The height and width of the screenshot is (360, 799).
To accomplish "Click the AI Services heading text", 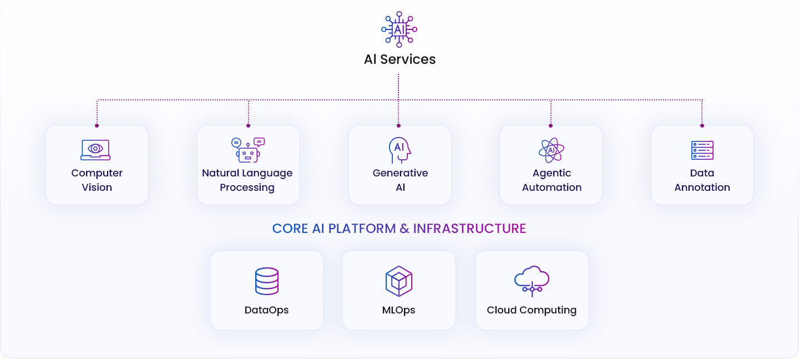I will (399, 59).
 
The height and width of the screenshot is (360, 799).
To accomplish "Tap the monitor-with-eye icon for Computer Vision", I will (95, 150).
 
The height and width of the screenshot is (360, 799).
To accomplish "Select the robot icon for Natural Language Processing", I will (248, 150).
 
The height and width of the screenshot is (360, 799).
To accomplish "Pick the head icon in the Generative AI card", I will (399, 150).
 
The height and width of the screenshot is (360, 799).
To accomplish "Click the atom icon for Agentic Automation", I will (552, 150).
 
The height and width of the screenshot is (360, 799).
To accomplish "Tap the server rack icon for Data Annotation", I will (702, 150).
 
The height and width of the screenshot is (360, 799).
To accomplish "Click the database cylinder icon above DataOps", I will (267, 281).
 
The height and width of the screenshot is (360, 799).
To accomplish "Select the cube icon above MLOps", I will (399, 281).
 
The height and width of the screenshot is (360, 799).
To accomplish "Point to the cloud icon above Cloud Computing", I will (532, 281).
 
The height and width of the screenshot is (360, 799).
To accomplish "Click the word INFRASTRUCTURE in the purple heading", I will (469, 229).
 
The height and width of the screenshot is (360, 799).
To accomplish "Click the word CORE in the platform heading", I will (290, 229).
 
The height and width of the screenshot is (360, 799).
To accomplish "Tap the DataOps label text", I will (266, 310).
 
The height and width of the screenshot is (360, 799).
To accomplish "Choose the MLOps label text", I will (398, 310).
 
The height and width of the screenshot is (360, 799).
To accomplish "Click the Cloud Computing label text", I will (532, 310).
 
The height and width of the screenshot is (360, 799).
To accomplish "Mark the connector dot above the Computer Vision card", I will (97, 125).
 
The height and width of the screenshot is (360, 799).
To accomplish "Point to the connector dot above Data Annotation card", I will (702, 125).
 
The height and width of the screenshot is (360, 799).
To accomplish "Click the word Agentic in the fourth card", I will (552, 173).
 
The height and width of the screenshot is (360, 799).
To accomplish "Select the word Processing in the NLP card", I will (247, 187).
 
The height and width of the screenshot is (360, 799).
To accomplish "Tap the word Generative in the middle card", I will (400, 173).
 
